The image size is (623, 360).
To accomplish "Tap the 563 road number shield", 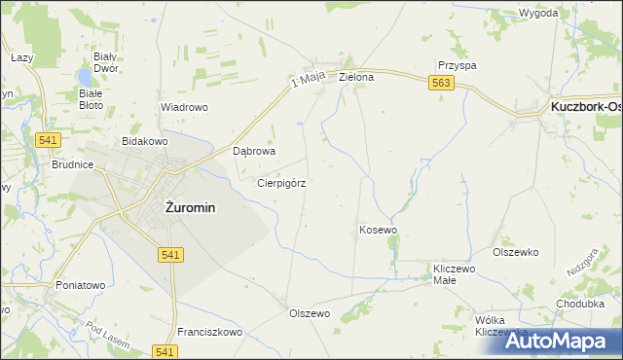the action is coord(440,85).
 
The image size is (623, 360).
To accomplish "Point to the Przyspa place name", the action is coord(457,65).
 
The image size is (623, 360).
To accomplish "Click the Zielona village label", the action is coord(356,76).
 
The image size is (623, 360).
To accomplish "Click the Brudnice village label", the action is coord(72,165).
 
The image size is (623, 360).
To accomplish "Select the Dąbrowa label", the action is coord(256,152).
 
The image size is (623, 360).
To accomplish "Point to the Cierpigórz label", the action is coord(281,182).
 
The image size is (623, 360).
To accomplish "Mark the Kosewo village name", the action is coord(379,230).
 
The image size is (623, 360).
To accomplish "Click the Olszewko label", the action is coord(516,252).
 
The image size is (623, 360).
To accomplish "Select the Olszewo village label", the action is coord(311,313).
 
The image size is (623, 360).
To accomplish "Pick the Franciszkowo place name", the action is coord(209,332).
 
